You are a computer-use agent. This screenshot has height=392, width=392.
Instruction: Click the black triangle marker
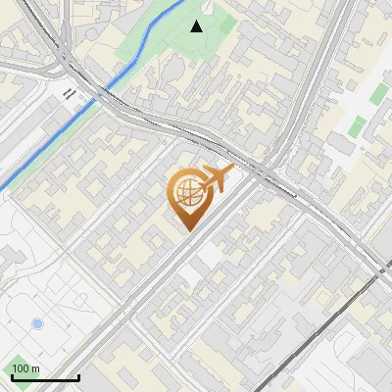pyautogui.click(x=197, y=26)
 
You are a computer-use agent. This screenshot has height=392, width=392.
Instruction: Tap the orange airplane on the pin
pyautogui.click(x=215, y=178)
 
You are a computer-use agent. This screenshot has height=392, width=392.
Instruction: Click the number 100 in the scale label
pyautogui.click(x=21, y=368)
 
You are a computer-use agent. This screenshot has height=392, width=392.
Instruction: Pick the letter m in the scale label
pyautogui.click(x=35, y=368)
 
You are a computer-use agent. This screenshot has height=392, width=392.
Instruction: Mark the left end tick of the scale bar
pyautogui.click(x=11, y=376)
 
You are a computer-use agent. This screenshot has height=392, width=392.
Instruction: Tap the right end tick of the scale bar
pyautogui.click(x=78, y=376)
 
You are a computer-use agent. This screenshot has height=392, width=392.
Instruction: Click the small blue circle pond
pyautogui.click(x=37, y=323)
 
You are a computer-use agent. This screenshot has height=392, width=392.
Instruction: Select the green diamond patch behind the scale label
pyautogui.click(x=20, y=363)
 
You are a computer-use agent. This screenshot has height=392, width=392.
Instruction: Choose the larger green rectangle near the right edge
pyautogui.click(x=378, y=94)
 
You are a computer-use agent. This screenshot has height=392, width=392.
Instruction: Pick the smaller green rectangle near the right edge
pyautogui.click(x=359, y=124)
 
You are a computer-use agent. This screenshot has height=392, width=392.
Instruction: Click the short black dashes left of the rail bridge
pyautogui.click(x=70, y=93)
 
